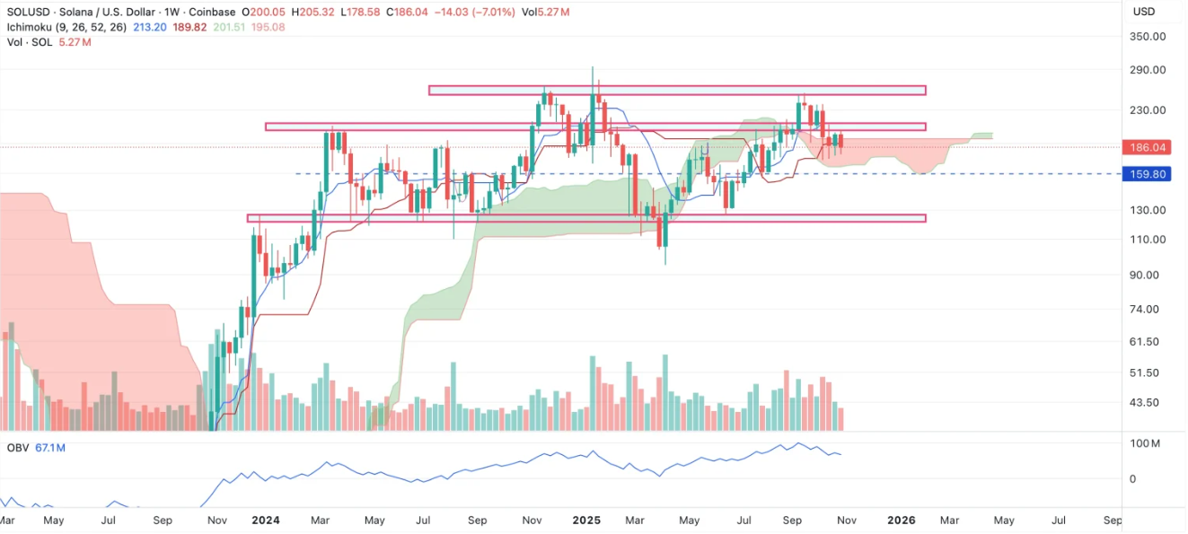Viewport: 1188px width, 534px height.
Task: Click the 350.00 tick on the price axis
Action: pyautogui.click(x=1148, y=37)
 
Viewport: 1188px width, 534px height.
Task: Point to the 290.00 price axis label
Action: pyautogui.click(x=1148, y=70)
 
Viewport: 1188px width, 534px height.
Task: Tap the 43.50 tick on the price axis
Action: pyautogui.click(x=1145, y=403)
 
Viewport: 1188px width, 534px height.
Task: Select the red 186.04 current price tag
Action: pyautogui.click(x=1148, y=147)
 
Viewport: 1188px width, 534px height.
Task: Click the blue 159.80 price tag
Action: pyautogui.click(x=1148, y=174)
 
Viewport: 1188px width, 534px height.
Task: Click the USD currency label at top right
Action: pyautogui.click(x=1144, y=12)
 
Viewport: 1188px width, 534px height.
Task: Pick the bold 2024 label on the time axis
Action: pyautogui.click(x=265, y=520)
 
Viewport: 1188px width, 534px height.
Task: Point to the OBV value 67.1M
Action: pyautogui.click(x=50, y=447)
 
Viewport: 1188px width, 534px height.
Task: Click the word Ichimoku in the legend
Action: pyautogui.click(x=31, y=27)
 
